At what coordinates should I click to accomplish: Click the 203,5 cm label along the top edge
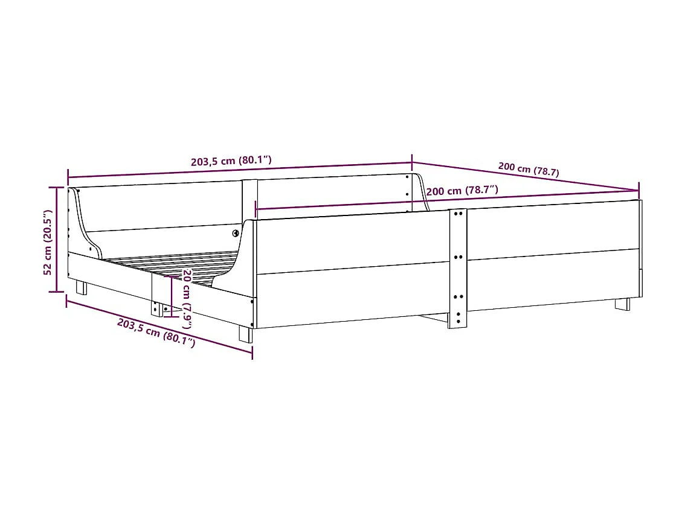231,161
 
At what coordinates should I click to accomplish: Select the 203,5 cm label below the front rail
156,333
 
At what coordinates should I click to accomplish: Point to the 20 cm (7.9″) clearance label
187,298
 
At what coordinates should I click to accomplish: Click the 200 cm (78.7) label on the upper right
529,168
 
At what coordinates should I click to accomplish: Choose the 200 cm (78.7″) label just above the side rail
462,191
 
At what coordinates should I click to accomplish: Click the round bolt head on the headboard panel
236,233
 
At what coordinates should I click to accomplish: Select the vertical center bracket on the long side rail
457,269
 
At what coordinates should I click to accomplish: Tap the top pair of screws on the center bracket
457,213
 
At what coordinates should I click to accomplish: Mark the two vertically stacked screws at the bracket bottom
457,318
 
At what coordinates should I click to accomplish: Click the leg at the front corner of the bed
245,334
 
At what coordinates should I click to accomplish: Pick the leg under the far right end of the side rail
622,304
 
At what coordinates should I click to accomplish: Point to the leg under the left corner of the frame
80,288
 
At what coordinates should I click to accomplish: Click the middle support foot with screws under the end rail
156,308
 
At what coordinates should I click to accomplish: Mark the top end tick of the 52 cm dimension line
57,188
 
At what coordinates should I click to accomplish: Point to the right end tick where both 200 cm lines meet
639,190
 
